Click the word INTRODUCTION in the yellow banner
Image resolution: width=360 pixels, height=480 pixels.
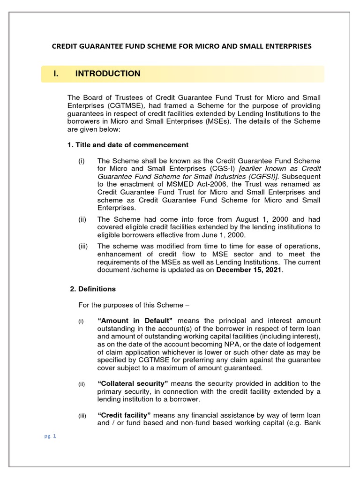point(108,74)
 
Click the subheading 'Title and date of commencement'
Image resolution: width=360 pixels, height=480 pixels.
point(131,145)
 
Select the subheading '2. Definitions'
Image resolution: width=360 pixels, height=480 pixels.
point(93,289)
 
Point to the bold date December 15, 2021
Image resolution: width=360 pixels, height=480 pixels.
point(249,270)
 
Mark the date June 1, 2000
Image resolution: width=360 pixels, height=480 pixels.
point(222,235)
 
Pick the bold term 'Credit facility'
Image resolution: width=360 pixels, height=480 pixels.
point(124,415)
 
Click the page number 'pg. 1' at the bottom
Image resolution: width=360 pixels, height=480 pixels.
point(49,436)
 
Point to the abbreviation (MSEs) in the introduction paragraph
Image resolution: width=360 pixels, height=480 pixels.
point(222,121)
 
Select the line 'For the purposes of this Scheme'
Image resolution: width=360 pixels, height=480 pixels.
point(134,305)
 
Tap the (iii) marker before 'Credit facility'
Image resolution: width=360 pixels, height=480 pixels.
point(82,416)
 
